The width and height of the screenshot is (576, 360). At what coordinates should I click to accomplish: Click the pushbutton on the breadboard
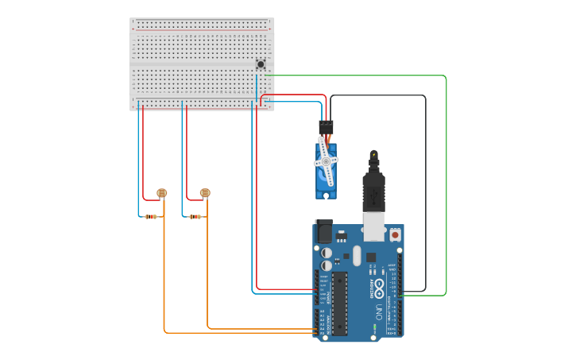(260, 64)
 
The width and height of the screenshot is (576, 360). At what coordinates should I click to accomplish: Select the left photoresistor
(162, 192)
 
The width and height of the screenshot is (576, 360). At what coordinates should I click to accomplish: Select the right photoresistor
(205, 192)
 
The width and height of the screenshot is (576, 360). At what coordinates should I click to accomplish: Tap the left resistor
(151, 216)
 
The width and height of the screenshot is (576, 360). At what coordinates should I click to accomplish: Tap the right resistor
(195, 216)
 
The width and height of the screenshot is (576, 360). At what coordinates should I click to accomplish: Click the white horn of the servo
(326, 161)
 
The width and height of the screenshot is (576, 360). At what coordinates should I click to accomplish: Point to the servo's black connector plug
(326, 126)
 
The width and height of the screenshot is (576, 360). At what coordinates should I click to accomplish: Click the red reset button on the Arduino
(395, 234)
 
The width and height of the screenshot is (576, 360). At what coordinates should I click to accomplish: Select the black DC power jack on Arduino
(323, 231)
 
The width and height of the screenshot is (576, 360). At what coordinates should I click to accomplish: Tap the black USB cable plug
(373, 191)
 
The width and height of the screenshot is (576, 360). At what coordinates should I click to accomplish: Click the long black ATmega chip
(339, 303)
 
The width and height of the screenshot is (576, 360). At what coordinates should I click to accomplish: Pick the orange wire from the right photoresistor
(208, 270)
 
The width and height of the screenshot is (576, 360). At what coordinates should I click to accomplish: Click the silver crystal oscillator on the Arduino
(358, 255)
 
